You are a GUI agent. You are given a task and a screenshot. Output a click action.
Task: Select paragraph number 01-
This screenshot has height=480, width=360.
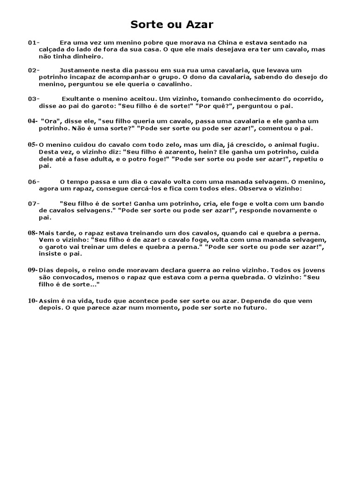[x=34, y=43]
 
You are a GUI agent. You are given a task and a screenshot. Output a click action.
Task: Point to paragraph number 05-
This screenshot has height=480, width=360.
[x=33, y=144]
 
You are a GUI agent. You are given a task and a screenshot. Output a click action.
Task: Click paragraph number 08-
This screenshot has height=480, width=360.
[x=33, y=232]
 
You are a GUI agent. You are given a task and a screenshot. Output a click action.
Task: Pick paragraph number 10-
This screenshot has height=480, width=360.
[x=33, y=300]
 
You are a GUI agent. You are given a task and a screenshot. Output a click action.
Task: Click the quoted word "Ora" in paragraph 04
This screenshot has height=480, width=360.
[x=52, y=121]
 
